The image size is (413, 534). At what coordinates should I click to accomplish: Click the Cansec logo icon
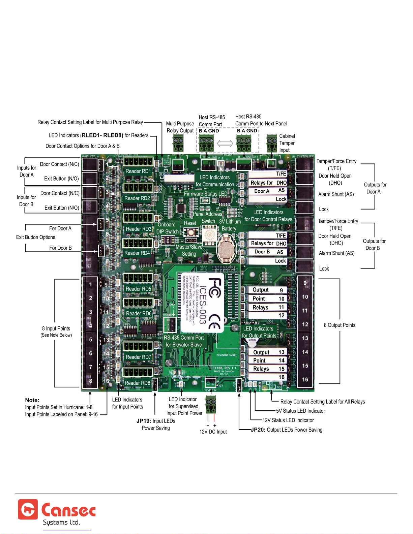tap(28, 509)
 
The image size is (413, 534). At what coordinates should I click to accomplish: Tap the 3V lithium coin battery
tap(226, 249)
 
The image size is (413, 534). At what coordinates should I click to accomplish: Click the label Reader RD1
tap(138, 171)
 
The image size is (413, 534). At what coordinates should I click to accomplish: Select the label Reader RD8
tap(137, 383)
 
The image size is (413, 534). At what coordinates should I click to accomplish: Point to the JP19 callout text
tap(156, 425)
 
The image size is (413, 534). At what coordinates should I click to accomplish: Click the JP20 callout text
tap(287, 430)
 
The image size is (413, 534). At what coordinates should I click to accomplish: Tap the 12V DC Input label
tap(213, 432)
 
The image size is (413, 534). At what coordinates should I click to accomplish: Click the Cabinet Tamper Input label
tap(287, 143)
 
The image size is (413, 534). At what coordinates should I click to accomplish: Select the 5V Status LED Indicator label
tap(300, 411)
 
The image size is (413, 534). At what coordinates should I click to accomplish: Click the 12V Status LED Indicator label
tap(288, 420)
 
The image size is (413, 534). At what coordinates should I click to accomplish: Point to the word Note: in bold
tap(32, 400)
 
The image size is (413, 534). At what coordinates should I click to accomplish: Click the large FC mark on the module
tap(214, 288)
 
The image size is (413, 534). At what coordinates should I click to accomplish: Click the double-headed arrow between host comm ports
tap(225, 144)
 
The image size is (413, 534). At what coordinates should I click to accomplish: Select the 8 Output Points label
tap(340, 325)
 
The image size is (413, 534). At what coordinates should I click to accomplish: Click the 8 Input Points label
tap(56, 329)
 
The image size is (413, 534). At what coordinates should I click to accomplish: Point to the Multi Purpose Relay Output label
tap(180, 127)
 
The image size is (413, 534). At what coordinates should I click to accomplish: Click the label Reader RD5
tap(138, 289)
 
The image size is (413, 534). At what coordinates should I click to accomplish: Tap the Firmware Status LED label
tap(205, 194)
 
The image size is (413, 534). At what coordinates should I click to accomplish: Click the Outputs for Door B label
tap(374, 245)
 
